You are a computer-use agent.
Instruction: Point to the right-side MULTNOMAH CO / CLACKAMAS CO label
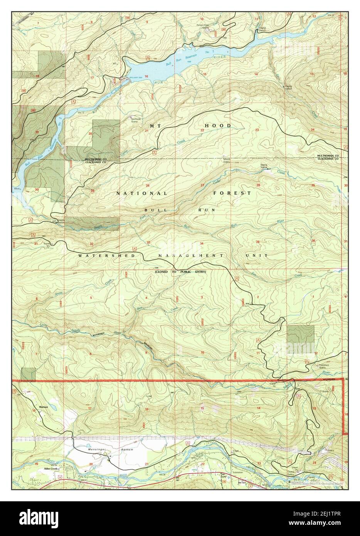[328, 157]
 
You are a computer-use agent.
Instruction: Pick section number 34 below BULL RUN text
[202, 243]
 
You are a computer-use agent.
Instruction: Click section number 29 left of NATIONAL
[93, 190]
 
